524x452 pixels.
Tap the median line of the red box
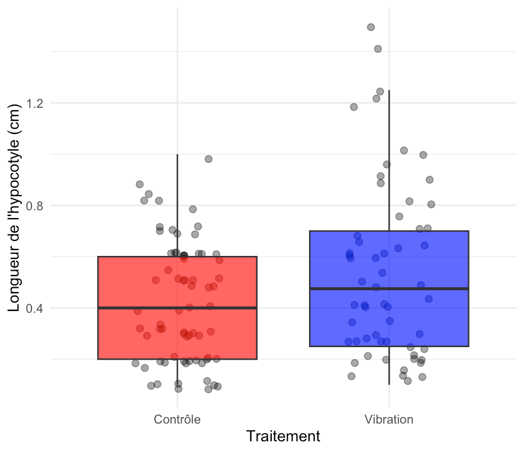pos(130,308)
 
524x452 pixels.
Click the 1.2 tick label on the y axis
pos(36,103)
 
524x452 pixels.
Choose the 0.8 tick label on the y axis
pos(36,206)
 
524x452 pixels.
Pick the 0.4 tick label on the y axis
pos(36,308)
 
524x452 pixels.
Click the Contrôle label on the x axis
pos(177,419)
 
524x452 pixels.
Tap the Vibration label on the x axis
pos(389,419)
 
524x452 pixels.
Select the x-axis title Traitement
pos(283,437)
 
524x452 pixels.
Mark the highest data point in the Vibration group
pos(371,27)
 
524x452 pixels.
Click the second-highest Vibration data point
pos(378,49)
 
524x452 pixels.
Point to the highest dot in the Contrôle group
pos(208,159)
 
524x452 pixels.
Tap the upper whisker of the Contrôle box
pos(178,201)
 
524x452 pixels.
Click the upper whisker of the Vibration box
pos(389,160)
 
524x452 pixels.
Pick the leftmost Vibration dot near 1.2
pos(353,107)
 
